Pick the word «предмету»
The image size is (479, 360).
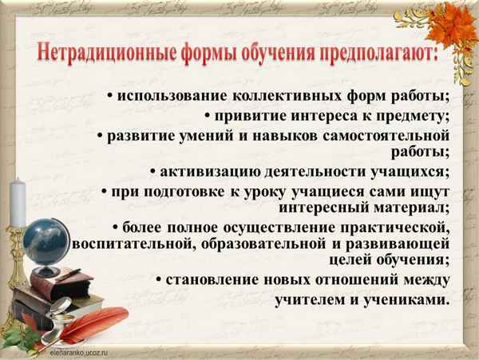click(407, 116)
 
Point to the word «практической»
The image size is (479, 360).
click(394, 228)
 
